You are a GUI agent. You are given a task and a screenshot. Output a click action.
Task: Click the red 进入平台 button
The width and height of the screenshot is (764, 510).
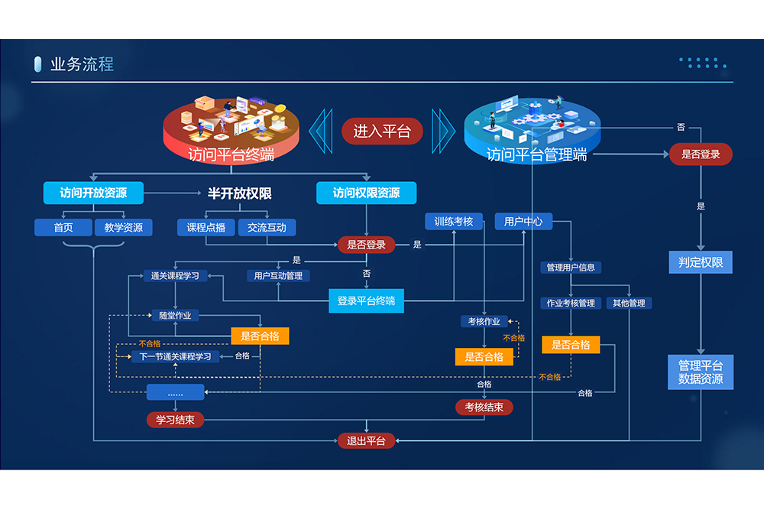[x=382, y=132]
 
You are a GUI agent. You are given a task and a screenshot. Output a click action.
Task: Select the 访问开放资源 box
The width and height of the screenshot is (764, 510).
[x=94, y=193]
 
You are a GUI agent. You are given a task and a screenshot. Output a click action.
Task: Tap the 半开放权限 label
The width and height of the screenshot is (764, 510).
[x=239, y=193]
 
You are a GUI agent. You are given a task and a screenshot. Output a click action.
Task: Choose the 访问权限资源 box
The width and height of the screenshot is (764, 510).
[x=366, y=193]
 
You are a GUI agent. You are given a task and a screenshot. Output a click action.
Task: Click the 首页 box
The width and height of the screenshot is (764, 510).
[x=63, y=227]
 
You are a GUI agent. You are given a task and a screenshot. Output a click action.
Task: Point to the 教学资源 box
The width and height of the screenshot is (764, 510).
[x=124, y=227]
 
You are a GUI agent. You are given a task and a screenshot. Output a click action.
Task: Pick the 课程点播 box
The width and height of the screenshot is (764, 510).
[x=206, y=227]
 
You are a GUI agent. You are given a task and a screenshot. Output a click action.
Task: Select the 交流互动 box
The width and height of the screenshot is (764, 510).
[x=267, y=227]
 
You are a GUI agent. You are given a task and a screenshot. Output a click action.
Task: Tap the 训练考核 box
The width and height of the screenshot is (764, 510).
[x=454, y=222]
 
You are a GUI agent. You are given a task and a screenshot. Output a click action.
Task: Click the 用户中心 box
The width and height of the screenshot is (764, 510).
[x=523, y=222]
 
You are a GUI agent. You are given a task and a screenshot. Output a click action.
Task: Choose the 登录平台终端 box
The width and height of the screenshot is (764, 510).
[x=366, y=300]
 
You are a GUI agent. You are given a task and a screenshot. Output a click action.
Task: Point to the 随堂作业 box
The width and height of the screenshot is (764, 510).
[x=176, y=315]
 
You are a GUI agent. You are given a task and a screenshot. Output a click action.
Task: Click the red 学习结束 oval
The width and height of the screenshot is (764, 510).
[x=176, y=420]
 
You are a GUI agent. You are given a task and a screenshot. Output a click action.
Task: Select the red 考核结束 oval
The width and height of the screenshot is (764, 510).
[x=484, y=408]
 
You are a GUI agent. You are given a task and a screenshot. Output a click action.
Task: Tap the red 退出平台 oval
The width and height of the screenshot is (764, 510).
[x=367, y=440]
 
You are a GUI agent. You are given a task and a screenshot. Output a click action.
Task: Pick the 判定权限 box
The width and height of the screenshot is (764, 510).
[x=701, y=263]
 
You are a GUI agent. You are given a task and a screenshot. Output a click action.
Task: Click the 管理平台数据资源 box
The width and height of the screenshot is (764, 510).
[x=701, y=372]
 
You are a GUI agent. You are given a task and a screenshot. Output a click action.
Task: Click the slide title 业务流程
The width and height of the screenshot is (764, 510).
[x=82, y=64]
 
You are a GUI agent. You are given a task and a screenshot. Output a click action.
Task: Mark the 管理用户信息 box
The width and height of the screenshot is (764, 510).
[x=571, y=268]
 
